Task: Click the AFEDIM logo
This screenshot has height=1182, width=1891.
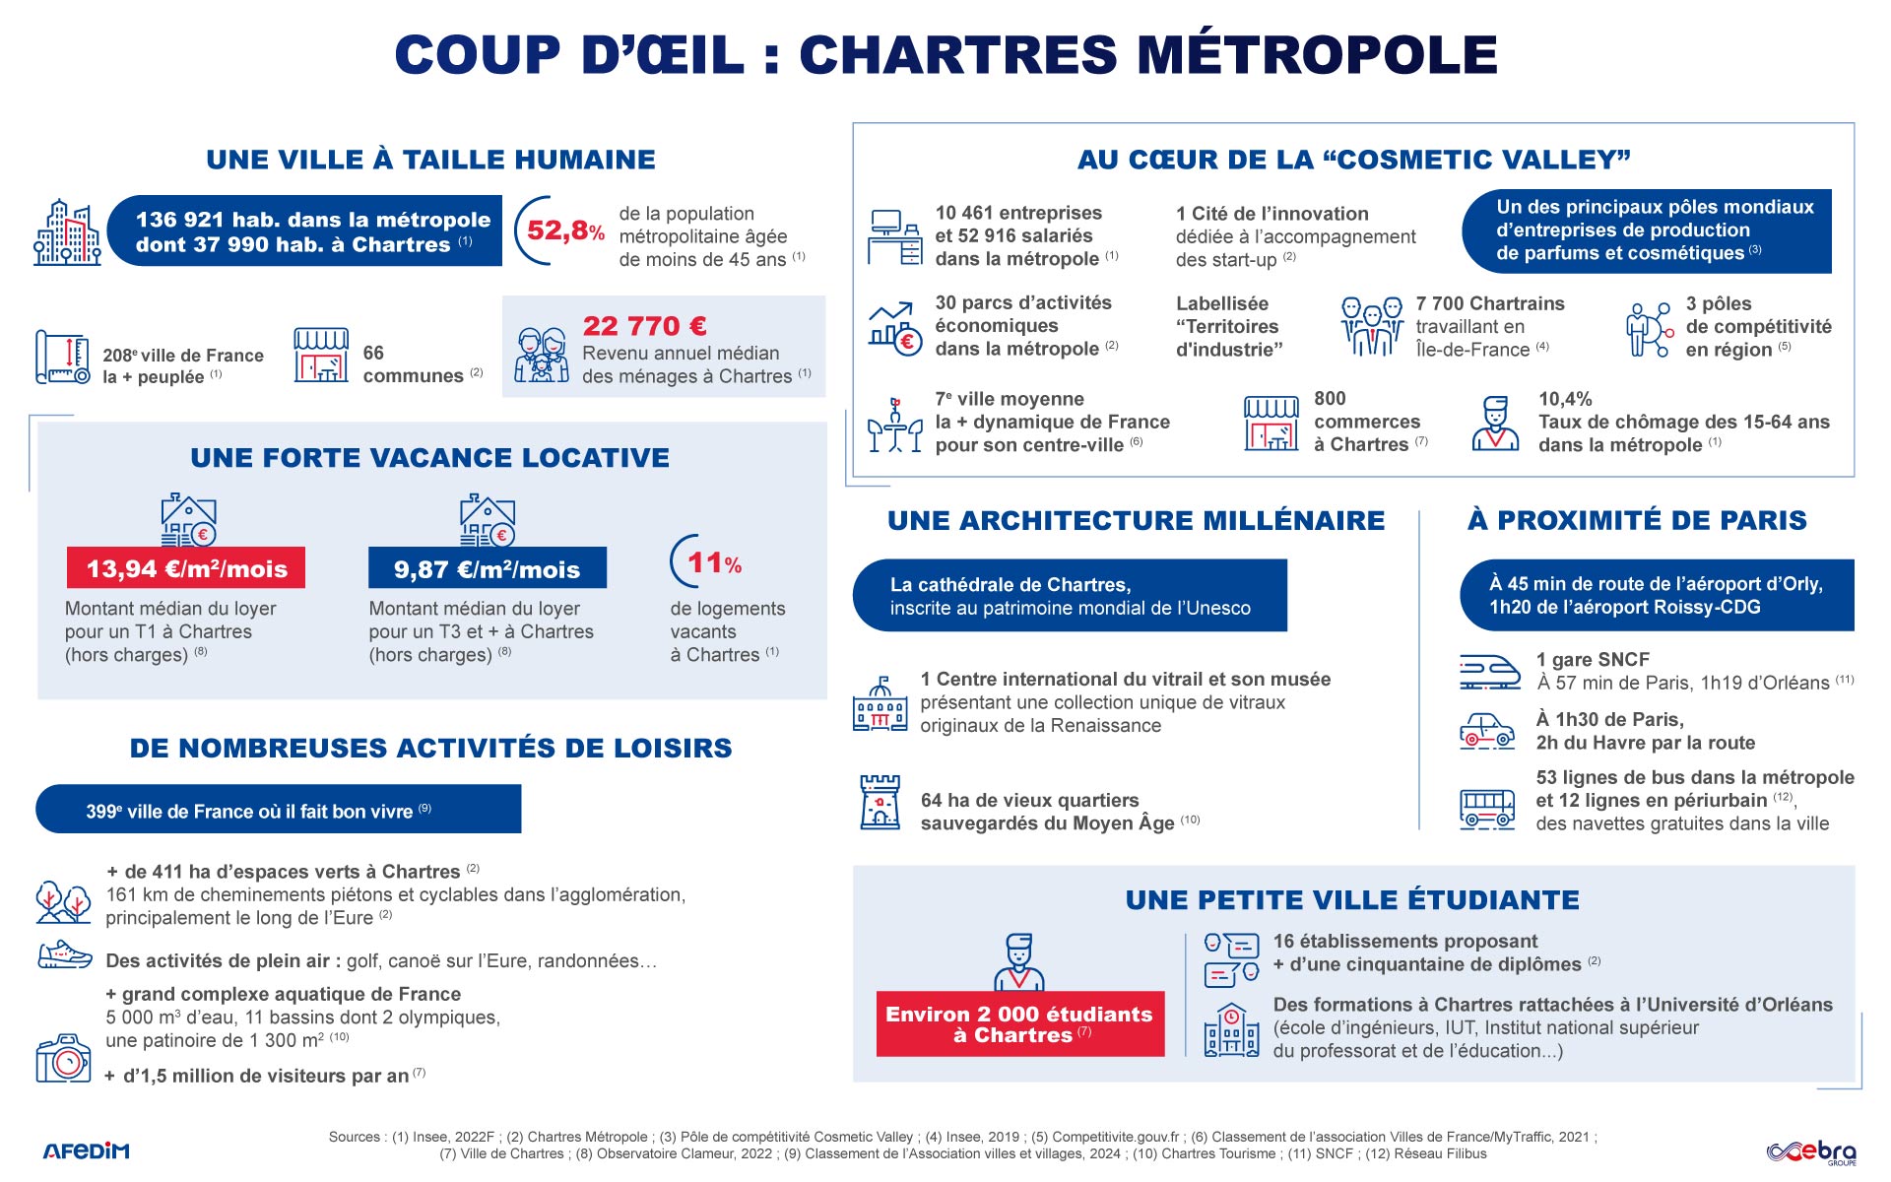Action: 86,1150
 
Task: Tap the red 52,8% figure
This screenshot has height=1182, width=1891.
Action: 565,231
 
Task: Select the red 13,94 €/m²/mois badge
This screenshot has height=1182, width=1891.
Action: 186,568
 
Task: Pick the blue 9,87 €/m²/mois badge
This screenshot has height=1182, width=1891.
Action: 487,568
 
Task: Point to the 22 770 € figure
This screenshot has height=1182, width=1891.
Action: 644,326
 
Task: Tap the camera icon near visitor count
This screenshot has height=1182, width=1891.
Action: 63,1059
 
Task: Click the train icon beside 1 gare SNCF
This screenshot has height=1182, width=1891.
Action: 1488,672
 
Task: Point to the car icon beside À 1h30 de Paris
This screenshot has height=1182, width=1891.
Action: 1486,731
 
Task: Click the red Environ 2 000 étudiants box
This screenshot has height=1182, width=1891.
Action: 1019,1024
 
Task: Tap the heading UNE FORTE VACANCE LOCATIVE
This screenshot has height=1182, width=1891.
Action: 429,458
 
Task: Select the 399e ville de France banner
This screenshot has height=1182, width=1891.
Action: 278,810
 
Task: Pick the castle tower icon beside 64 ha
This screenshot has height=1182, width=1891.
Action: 880,802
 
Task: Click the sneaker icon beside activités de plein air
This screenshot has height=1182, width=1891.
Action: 64,956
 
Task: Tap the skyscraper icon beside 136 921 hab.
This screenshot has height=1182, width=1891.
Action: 67,233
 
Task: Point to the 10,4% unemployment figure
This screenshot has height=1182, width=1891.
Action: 1565,399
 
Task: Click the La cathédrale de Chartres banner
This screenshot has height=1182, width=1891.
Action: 1070,596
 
